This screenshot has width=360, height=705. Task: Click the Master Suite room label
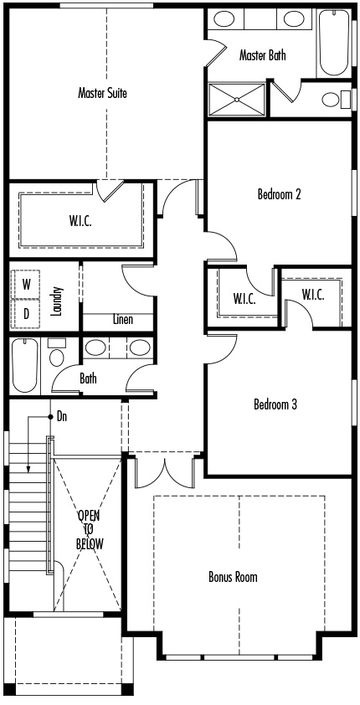102,93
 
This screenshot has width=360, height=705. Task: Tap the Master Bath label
263,55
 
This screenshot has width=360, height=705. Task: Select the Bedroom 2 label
279,194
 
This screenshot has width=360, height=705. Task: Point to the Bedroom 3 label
275,404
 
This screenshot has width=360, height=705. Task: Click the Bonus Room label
233,576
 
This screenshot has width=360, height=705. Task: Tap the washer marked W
27,285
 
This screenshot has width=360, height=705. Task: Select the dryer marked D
27,313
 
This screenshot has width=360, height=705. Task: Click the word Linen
123,319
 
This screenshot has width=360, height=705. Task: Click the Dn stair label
62,417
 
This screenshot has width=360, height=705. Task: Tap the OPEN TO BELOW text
90,530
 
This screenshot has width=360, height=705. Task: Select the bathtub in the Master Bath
333,44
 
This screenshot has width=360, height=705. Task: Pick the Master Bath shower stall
237,100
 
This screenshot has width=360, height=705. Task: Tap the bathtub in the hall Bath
26,366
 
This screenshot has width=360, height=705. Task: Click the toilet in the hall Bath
57,352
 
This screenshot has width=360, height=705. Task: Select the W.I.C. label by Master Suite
81,221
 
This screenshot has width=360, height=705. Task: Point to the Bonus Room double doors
166,472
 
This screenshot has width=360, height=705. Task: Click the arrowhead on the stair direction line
28,469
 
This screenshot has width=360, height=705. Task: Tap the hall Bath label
88,378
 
